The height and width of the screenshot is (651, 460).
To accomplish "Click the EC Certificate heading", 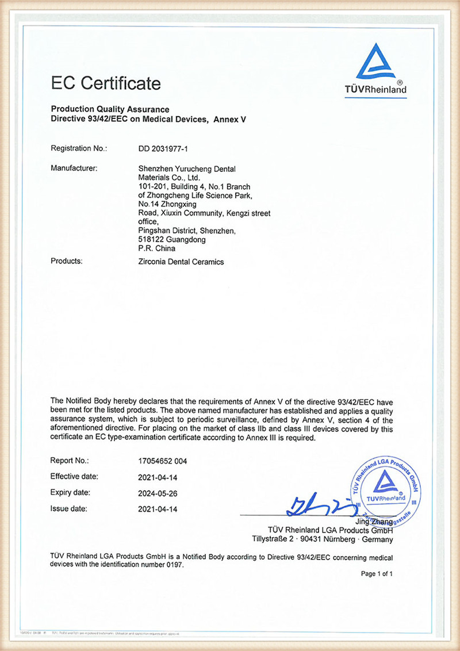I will (106, 83).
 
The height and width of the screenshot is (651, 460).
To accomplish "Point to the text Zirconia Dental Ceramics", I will (178, 262).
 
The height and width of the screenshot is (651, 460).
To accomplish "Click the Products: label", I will (67, 261).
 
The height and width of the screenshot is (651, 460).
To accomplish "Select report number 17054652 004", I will (163, 461).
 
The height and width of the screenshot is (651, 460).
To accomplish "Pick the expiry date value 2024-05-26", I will (159, 493).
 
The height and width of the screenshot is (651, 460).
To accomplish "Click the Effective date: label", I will (75, 476).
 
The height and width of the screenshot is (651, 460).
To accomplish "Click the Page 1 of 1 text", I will (377, 574).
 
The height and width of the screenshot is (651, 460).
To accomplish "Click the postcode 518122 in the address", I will (144, 240).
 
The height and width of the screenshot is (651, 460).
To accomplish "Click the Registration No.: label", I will (79, 149).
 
